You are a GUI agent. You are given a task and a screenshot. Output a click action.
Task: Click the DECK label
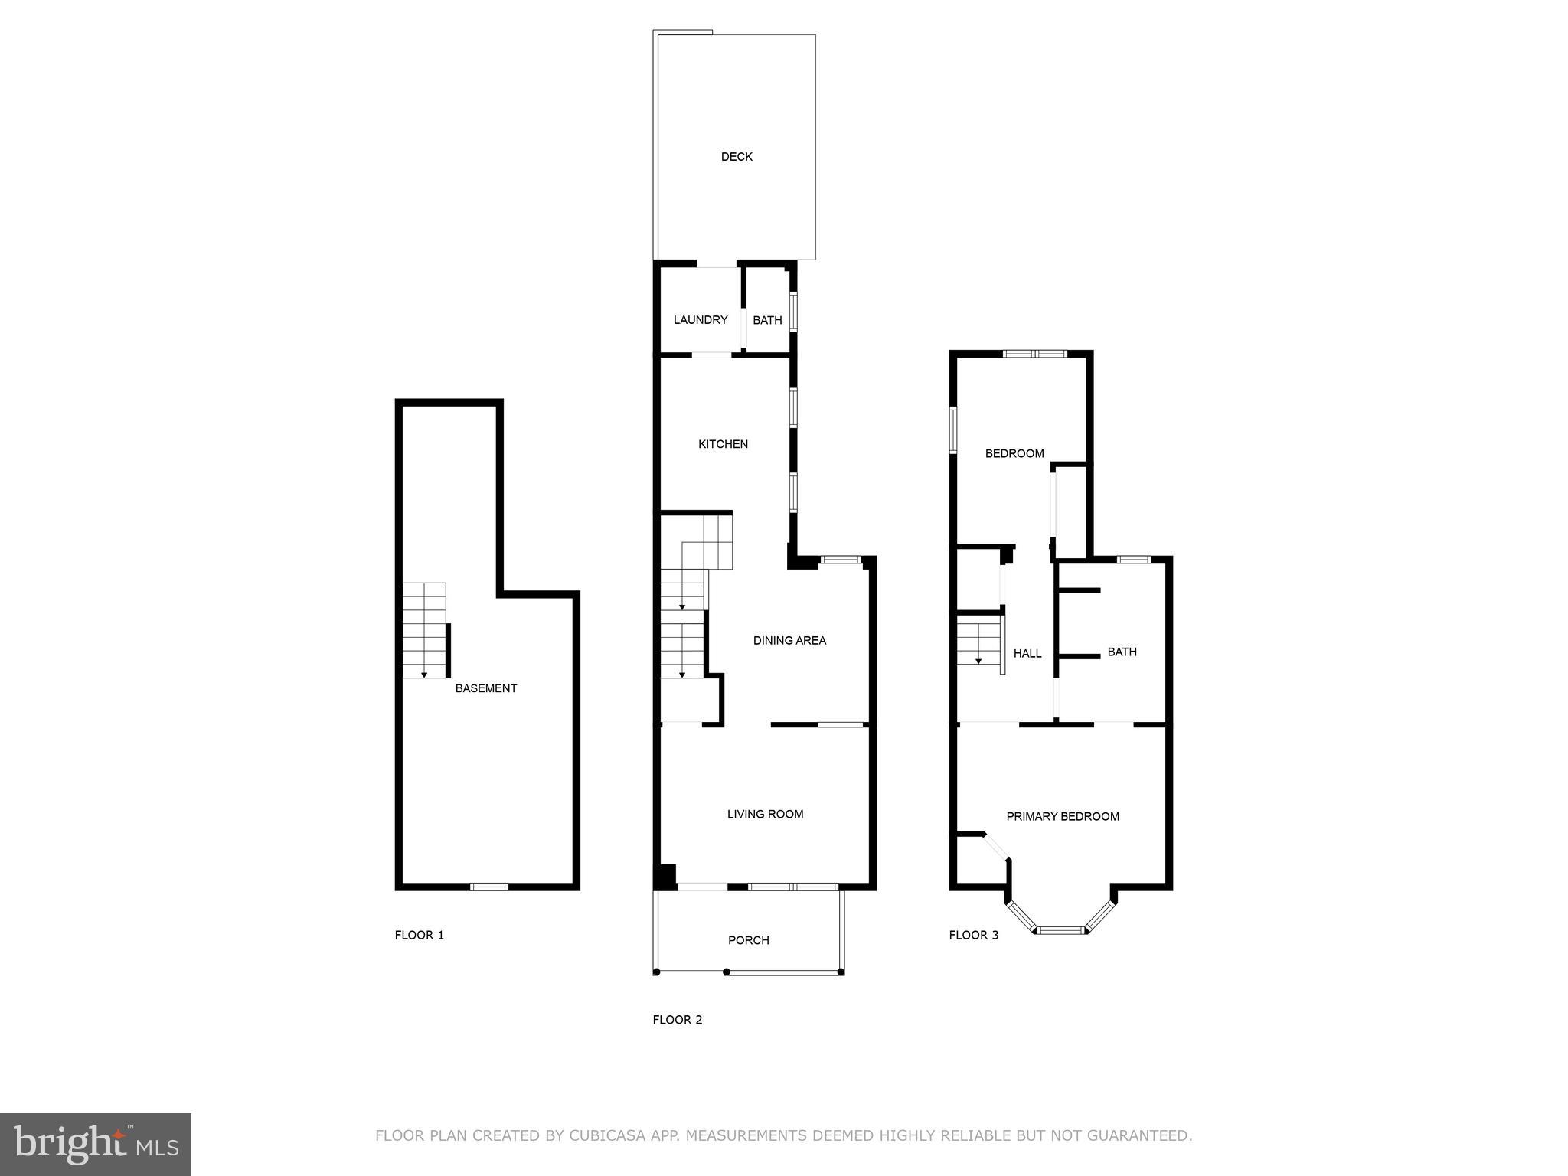[x=737, y=157]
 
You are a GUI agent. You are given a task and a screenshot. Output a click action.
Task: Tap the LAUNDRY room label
[x=700, y=320]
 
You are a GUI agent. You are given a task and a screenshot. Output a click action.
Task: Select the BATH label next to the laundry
[x=767, y=320]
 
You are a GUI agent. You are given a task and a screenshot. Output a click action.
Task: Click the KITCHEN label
[x=723, y=444]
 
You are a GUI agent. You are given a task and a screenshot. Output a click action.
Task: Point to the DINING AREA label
[x=789, y=641]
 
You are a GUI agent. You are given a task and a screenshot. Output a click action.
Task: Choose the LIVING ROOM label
[x=765, y=815]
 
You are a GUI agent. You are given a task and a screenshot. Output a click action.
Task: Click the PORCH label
[x=748, y=940]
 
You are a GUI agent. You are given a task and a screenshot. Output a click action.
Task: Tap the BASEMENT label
[x=485, y=688]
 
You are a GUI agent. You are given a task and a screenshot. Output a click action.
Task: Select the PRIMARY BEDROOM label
[x=1062, y=817]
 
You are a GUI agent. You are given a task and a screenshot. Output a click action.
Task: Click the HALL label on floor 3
[x=1027, y=654]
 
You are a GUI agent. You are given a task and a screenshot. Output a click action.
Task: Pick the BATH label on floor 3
[x=1122, y=652]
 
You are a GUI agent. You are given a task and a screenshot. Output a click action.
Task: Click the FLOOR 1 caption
[x=419, y=935]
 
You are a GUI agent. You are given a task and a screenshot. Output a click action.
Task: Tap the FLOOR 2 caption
[x=677, y=1020]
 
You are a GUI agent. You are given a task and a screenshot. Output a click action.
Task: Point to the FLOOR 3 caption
[x=973, y=935]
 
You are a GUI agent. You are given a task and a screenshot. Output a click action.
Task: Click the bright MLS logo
[x=96, y=1145]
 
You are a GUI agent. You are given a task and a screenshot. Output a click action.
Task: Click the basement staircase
[x=424, y=630]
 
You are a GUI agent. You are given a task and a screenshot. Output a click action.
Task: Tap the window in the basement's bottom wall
[x=488, y=887]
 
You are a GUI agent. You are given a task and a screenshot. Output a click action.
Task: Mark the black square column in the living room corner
[x=665, y=877]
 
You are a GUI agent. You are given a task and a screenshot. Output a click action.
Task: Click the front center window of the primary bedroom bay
[x=1062, y=930]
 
